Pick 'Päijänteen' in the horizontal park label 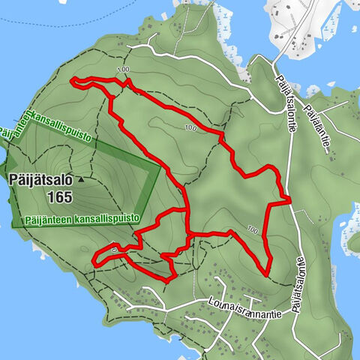coord(47,220)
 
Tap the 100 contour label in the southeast coord(253,229)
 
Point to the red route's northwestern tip coord(71,79)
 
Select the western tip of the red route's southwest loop coord(94,261)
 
